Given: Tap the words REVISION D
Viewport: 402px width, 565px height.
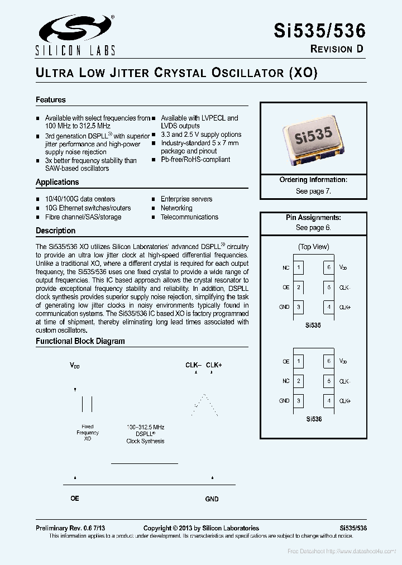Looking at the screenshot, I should [x=337, y=49].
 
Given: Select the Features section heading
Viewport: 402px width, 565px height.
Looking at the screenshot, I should [x=51, y=100].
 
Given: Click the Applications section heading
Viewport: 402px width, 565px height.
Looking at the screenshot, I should [x=58, y=182].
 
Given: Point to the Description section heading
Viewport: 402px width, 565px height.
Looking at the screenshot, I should [x=55, y=231].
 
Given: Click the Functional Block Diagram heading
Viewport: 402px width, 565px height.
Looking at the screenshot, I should [x=80, y=341].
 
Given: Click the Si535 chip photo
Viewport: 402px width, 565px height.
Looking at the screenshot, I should [x=313, y=138].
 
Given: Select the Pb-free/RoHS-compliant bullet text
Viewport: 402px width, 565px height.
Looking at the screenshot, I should [x=195, y=159].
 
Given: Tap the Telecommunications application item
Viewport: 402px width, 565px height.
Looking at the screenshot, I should [x=189, y=217].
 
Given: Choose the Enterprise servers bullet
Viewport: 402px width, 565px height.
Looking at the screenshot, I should [x=186, y=199].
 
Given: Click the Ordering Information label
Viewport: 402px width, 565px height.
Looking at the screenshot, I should [x=313, y=180].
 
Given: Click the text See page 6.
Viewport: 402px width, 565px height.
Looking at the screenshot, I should [x=313, y=228].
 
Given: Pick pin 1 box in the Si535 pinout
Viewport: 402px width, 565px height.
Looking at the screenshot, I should [x=299, y=267].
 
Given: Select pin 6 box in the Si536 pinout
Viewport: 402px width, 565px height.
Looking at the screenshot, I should [x=329, y=361].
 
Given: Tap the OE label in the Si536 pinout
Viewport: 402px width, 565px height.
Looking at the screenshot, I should [x=286, y=362].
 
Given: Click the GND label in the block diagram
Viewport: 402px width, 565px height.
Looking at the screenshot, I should [x=212, y=499].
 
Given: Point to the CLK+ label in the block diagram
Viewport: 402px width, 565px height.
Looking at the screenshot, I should [x=214, y=365].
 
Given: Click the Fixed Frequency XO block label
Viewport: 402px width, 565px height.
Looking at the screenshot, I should [x=88, y=433].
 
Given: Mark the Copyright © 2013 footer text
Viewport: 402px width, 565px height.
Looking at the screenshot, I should [x=201, y=528].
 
